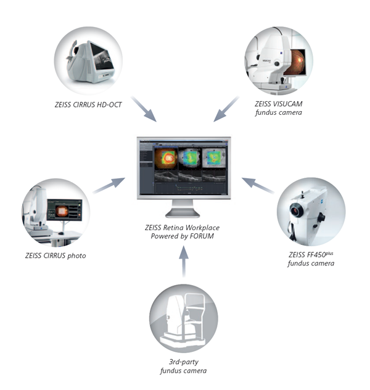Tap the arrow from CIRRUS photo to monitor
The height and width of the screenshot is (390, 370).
tap(110, 185)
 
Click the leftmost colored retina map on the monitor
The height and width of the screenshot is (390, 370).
tap(165, 158)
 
